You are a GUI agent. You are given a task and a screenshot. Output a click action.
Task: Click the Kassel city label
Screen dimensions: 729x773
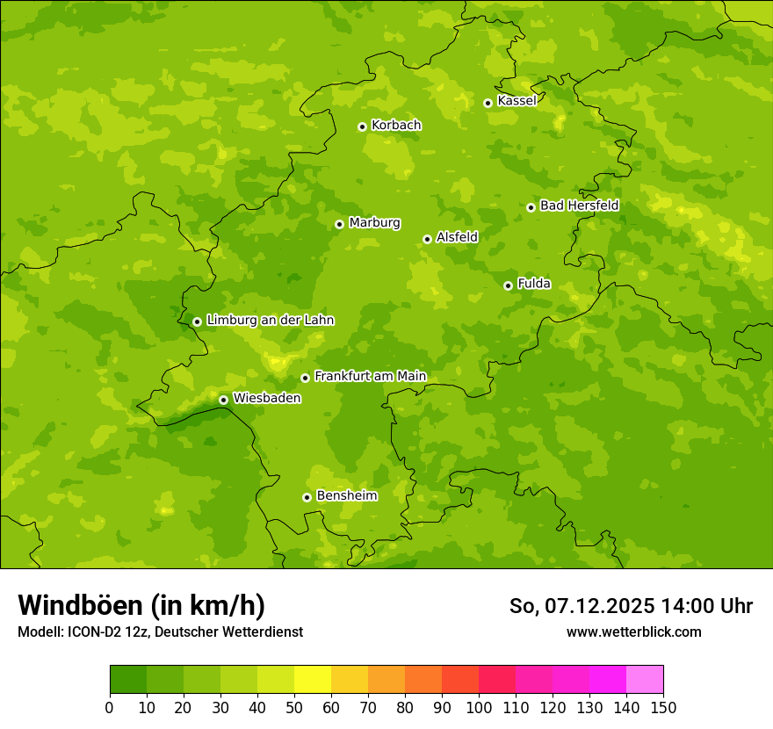tap(517, 101)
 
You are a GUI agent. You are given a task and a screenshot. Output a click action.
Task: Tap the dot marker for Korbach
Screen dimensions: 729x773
tap(362, 126)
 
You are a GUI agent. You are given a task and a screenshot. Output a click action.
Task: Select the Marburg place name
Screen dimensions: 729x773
tap(374, 223)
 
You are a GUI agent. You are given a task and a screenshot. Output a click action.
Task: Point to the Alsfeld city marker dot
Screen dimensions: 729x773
tap(427, 239)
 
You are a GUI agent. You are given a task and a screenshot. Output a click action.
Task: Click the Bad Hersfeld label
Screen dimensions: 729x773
tap(579, 206)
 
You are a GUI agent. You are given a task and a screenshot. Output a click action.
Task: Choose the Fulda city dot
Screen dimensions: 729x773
tap(508, 285)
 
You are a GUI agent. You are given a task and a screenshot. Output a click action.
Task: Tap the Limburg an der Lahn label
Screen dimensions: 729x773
tap(270, 321)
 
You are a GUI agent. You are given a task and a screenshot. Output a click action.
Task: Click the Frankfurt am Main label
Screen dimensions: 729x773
tap(370, 377)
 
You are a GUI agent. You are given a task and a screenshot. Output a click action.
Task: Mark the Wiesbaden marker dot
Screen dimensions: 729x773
tap(223, 400)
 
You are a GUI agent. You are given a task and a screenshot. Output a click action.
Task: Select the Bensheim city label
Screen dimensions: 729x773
tap(346, 496)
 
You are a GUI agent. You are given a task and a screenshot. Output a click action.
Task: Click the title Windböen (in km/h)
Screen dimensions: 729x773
tap(141, 605)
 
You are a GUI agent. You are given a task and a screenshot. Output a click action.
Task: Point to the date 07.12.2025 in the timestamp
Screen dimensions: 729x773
tap(599, 606)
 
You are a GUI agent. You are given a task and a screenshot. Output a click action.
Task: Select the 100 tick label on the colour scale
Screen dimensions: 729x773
tap(479, 708)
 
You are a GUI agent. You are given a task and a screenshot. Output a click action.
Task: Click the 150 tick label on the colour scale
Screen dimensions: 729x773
tap(663, 708)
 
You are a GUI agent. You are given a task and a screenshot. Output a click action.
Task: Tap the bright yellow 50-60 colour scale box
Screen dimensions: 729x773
tap(313, 680)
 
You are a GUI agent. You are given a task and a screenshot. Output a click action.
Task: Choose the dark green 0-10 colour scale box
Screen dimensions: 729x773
tap(128, 680)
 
